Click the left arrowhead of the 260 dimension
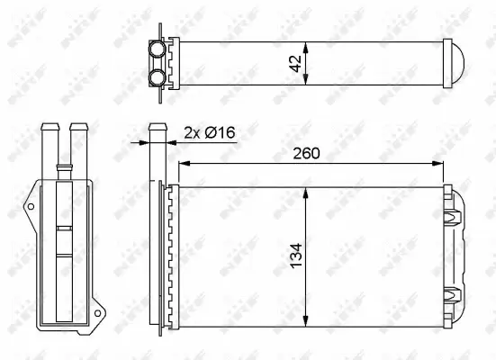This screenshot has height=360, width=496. pos(185,164)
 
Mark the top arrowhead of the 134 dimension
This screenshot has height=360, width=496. pos(308,192)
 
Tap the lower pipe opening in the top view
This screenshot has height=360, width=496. pos(158,76)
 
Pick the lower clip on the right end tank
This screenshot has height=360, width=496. pos(453,292)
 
